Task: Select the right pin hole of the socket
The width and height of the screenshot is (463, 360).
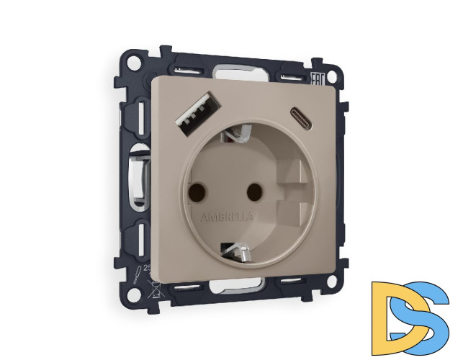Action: pos(252,192)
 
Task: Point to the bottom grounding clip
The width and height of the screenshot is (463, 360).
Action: pos(238,251)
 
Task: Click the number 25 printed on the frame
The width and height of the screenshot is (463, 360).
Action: pos(148,267)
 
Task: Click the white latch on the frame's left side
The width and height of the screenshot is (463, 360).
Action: pos(134,176)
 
